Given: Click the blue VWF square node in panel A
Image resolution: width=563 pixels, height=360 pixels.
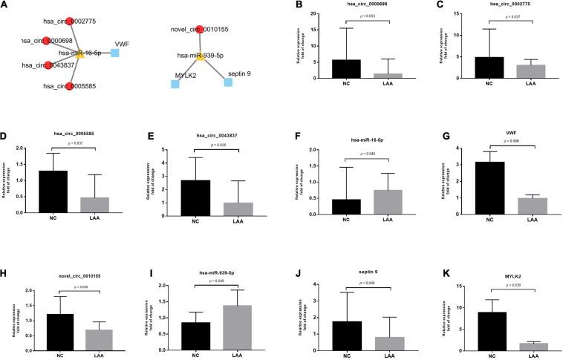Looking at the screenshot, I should (115, 53).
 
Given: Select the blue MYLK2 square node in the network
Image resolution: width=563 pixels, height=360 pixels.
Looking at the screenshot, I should (175, 84).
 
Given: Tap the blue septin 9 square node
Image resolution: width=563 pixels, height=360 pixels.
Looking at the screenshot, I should (228, 82).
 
